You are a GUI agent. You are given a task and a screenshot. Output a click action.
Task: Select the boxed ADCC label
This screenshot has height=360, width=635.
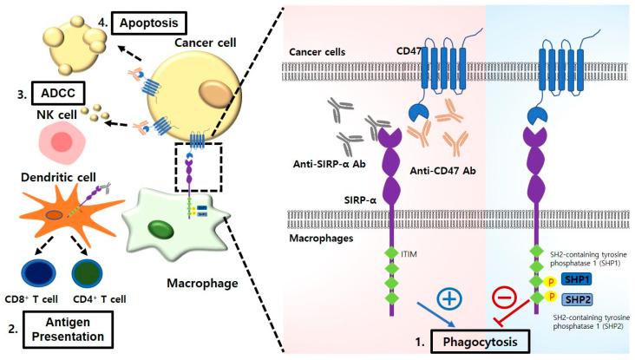[54, 90]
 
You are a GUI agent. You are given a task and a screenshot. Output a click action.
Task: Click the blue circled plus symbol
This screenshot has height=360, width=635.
[450, 298]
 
